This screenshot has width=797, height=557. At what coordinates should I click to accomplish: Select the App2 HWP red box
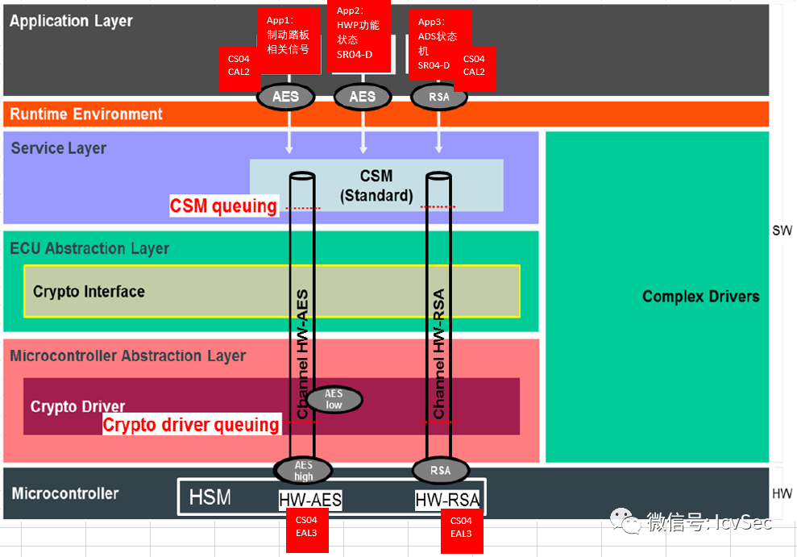click(359, 34)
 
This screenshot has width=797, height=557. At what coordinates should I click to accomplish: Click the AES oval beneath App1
click(285, 97)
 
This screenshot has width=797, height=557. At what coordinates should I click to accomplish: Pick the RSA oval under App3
click(439, 97)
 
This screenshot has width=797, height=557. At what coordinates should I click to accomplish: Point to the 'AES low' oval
click(334, 399)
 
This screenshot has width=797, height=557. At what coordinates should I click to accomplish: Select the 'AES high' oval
click(303, 471)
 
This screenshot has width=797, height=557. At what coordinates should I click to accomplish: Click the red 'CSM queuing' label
click(223, 206)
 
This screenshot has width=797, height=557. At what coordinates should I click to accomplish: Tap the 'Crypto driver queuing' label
click(191, 425)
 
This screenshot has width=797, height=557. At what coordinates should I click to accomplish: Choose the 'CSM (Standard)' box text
click(376, 185)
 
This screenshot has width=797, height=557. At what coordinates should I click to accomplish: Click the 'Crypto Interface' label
click(89, 292)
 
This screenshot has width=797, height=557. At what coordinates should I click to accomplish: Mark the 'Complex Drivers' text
click(700, 297)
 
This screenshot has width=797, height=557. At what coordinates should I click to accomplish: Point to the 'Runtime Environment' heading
click(86, 114)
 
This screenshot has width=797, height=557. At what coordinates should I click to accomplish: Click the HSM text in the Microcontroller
click(210, 497)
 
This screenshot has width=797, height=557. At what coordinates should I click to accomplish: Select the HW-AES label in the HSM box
click(310, 501)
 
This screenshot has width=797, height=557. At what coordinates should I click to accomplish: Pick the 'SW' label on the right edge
click(782, 231)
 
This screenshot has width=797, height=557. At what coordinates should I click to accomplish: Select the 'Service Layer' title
click(59, 148)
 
